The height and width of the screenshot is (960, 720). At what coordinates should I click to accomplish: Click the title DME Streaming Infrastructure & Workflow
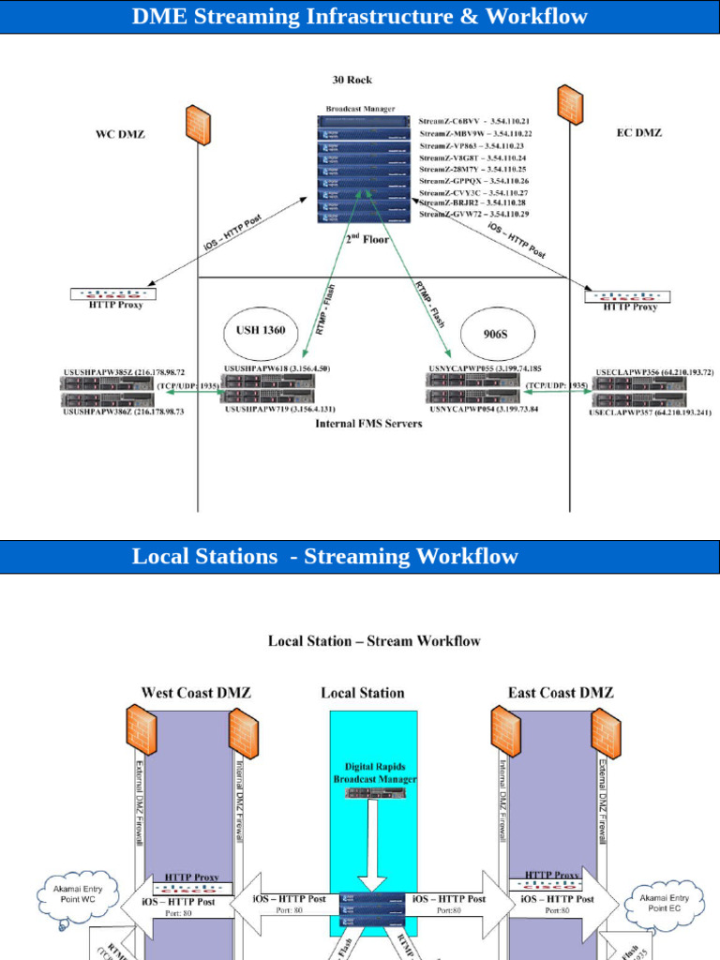tap(359, 17)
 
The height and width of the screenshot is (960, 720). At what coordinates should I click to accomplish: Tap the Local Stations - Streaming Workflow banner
tap(325, 556)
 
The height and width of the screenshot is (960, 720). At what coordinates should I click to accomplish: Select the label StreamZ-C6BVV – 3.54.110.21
tap(473, 122)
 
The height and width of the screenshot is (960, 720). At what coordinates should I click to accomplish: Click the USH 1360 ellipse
tap(261, 330)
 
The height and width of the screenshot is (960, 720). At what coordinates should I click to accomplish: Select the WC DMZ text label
tap(120, 134)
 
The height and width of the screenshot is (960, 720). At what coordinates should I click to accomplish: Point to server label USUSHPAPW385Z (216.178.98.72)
tap(124, 372)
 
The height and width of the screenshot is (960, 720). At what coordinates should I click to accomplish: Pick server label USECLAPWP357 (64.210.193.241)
tap(651, 412)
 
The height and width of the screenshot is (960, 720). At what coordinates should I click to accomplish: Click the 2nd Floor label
tap(367, 240)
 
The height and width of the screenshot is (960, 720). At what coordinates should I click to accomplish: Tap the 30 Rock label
tap(352, 80)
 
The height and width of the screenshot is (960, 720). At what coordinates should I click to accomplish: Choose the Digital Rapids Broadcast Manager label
tap(374, 772)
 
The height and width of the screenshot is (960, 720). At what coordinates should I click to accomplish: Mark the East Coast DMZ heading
tap(561, 693)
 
